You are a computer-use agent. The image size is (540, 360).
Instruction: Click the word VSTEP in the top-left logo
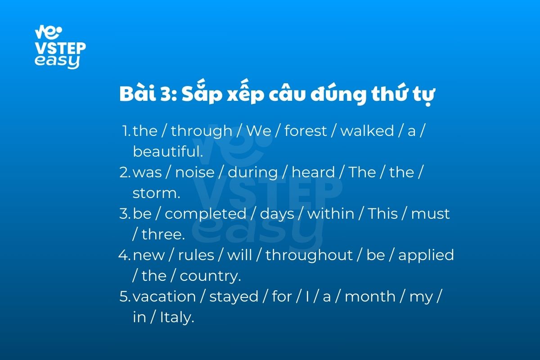pos(60,48)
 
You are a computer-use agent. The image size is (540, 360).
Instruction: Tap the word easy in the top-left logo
pos(57,61)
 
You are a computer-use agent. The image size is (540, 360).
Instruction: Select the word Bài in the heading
pos(138,92)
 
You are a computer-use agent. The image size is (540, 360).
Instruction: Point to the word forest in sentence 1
pos(306,131)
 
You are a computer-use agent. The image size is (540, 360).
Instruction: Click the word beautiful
pos(168,152)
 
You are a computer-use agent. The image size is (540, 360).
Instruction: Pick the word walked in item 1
pos(367,131)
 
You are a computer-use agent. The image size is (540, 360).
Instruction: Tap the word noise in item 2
pos(195,172)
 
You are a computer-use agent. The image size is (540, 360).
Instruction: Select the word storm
pos(156,193)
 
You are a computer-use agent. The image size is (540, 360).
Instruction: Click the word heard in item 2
pos(313,172)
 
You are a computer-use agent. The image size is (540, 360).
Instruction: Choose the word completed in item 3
pos(205,214)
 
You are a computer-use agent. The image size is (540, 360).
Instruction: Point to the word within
pos(331,214)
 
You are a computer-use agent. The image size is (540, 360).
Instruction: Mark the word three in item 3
pos(163,234)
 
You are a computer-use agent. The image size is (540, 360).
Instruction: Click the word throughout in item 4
pos(309,255)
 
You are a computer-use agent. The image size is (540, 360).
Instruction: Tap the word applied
pos(426,255)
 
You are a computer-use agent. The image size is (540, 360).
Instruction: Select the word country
pos(210,276)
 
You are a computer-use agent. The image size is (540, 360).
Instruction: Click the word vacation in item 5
pos(164,297)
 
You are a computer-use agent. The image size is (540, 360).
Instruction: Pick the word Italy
pos(177,317)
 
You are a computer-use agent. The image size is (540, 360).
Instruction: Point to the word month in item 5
pos(370,297)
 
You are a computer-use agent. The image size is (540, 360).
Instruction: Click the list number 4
pos(124,255)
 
